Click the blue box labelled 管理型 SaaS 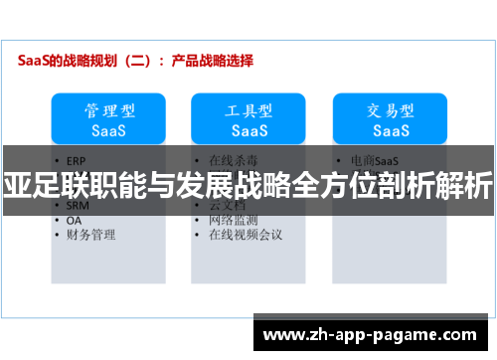click(108, 118)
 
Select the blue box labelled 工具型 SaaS click(248, 118)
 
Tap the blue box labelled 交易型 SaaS click(391, 118)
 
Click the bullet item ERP click(78, 159)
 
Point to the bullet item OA click(75, 221)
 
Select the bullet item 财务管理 click(90, 235)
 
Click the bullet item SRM click(79, 206)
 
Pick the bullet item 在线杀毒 click(233, 159)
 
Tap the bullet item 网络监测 click(233, 220)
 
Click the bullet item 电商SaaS click(375, 159)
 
